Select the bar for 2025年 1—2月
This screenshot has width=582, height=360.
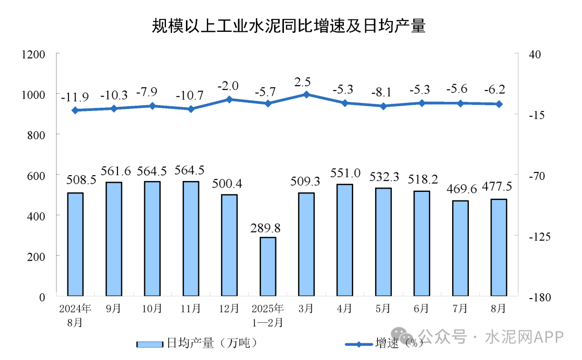click(x=268, y=266)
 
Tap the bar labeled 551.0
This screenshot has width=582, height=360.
click(x=345, y=240)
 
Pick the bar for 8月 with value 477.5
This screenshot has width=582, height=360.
click(x=499, y=247)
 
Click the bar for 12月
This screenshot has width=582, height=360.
click(x=230, y=245)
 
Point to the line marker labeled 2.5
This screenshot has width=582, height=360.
click(x=306, y=94)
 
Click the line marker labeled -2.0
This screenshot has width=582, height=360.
click(x=229, y=99)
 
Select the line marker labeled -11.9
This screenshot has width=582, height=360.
click(x=75, y=110)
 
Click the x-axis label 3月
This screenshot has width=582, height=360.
click(x=306, y=309)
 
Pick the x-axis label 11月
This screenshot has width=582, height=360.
click(x=191, y=309)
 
